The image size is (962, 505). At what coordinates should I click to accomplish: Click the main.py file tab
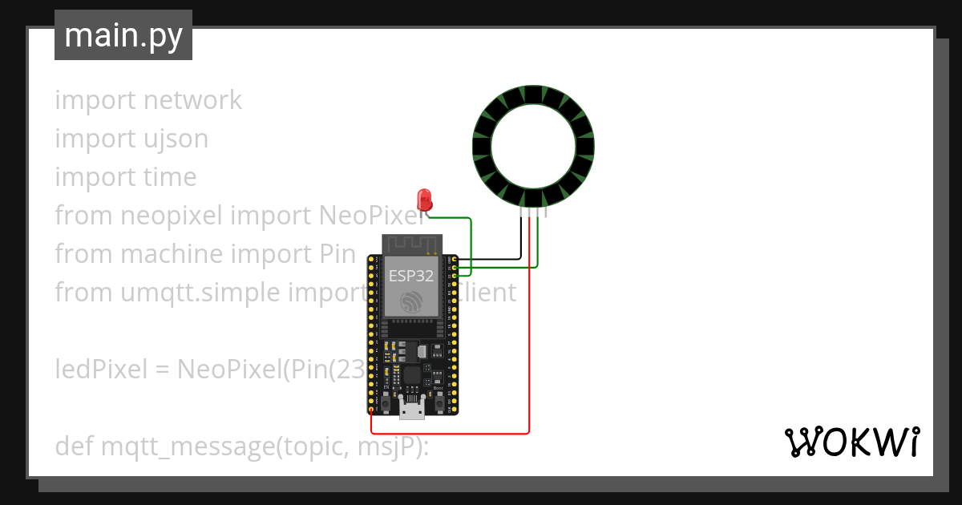(x=123, y=36)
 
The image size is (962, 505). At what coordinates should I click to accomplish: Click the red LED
(x=423, y=200)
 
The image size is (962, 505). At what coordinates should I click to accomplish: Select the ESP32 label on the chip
(x=411, y=276)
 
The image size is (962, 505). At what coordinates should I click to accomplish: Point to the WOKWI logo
(x=851, y=442)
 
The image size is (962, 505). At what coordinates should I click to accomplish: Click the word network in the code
(x=192, y=100)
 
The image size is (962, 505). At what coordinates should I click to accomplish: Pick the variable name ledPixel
(x=102, y=370)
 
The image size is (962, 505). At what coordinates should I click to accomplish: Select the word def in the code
(x=74, y=446)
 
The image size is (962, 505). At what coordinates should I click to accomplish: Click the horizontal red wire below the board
(x=449, y=434)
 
